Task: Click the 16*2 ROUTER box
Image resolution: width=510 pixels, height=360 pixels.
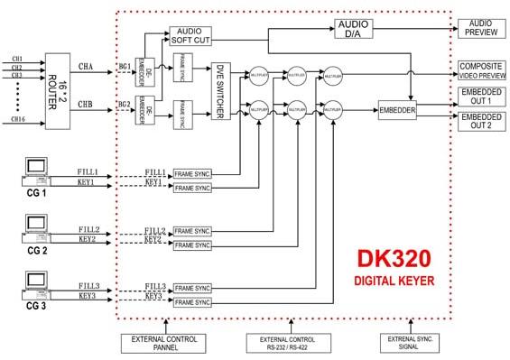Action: click(59, 78)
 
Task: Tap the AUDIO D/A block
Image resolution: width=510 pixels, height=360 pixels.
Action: click(358, 26)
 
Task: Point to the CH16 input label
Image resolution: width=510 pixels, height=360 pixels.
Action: click(18, 118)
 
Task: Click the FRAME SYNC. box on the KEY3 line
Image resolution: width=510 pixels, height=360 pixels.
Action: click(191, 302)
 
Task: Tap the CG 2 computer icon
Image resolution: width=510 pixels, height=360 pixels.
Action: click(35, 226)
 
